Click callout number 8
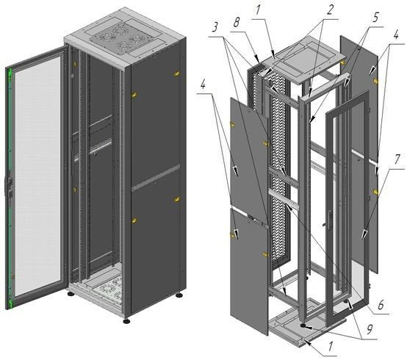pyautogui.click(x=237, y=23)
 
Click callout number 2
pyautogui.click(x=330, y=10)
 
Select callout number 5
pyautogui.click(x=376, y=17)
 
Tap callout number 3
pyautogui.click(x=215, y=27)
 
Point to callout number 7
pyautogui.click(x=397, y=159)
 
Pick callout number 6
pyautogui.click(x=381, y=305)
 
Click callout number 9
pyautogui.click(x=370, y=329)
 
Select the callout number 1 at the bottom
pyautogui.click(x=331, y=347)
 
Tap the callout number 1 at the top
pyautogui.click(x=257, y=10)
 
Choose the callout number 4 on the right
pyautogui.click(x=395, y=35)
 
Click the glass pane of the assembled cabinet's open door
pyautogui.click(x=37, y=176)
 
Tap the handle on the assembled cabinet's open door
pyautogui.click(x=10, y=187)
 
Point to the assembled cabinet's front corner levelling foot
pyautogui.click(x=126, y=321)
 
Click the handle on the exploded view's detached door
pyautogui.click(x=330, y=220)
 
